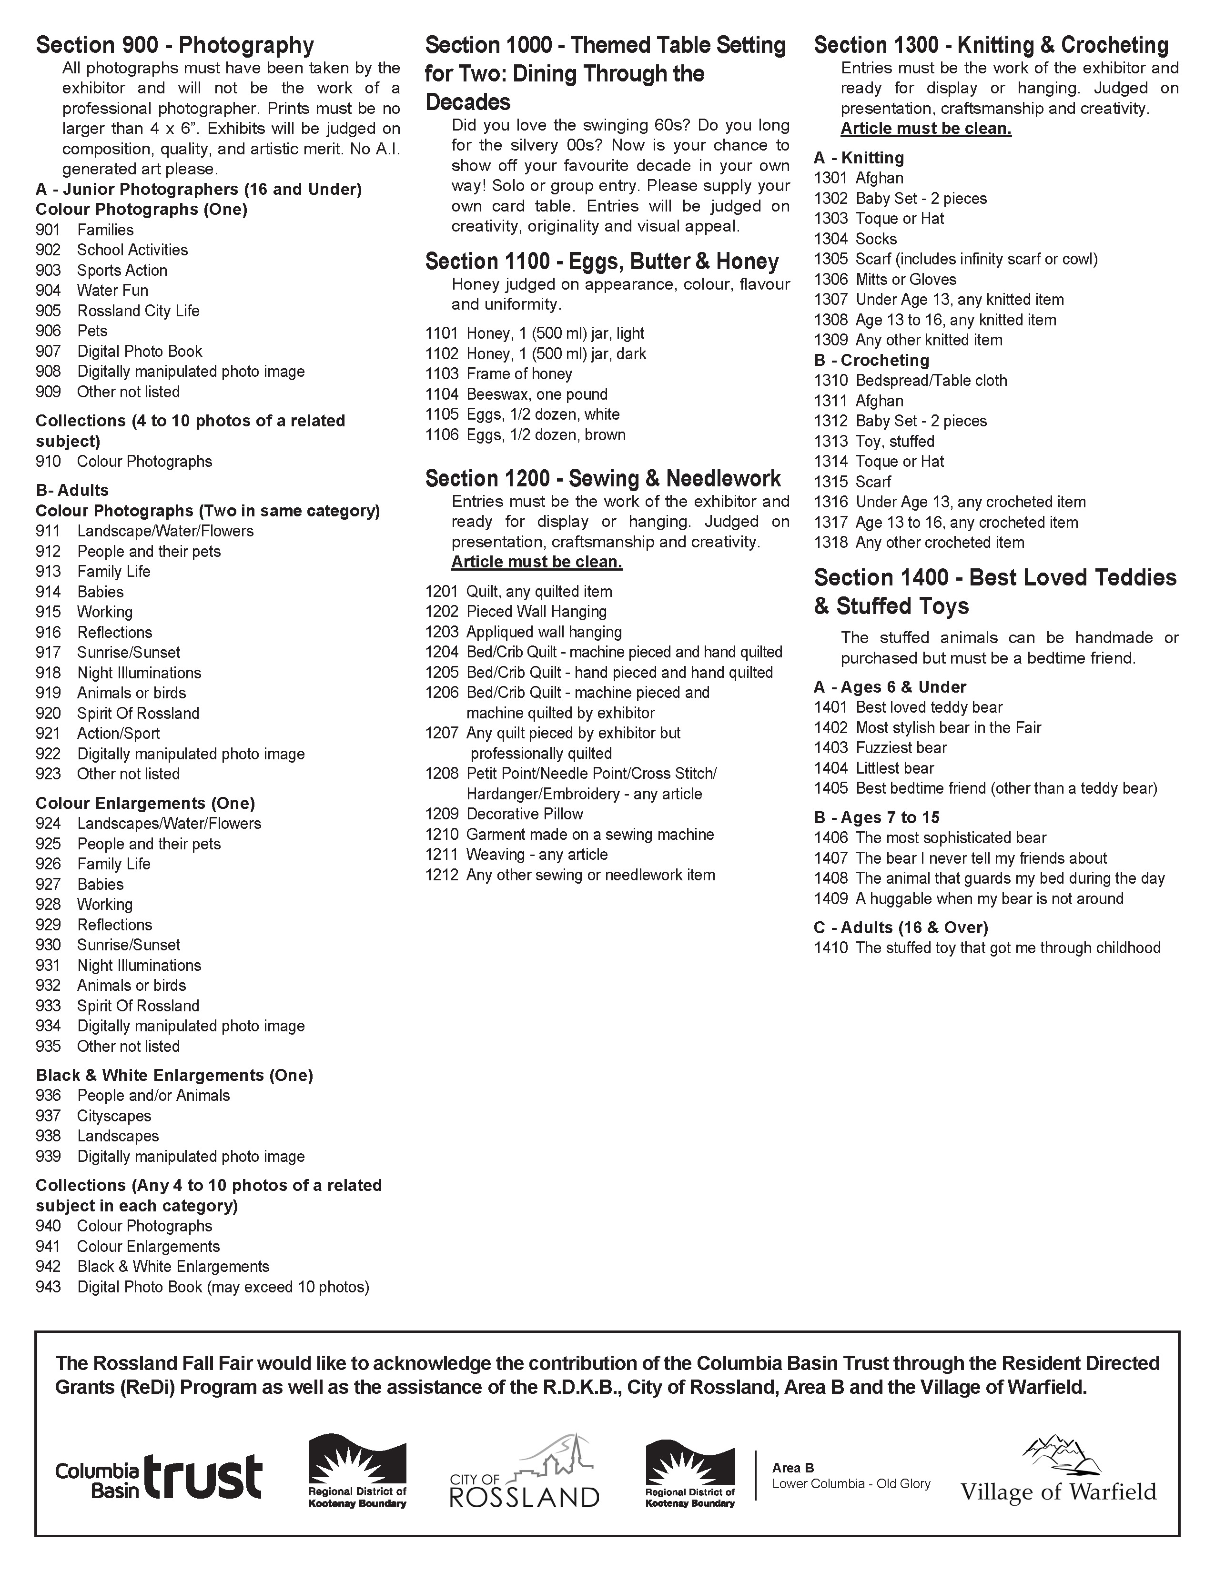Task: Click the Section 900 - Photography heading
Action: (x=175, y=45)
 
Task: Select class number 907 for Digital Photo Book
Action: (x=48, y=351)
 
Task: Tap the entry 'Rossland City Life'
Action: (x=138, y=311)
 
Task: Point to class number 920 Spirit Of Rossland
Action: (x=48, y=713)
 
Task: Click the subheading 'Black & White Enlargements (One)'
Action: (x=174, y=1075)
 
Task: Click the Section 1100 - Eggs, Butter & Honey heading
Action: (x=602, y=261)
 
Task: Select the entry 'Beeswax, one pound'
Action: (x=537, y=394)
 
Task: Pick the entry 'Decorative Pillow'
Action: (x=525, y=814)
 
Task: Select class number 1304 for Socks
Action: (x=830, y=239)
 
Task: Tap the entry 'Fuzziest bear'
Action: (x=901, y=748)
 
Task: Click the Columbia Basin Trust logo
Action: (x=158, y=1476)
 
